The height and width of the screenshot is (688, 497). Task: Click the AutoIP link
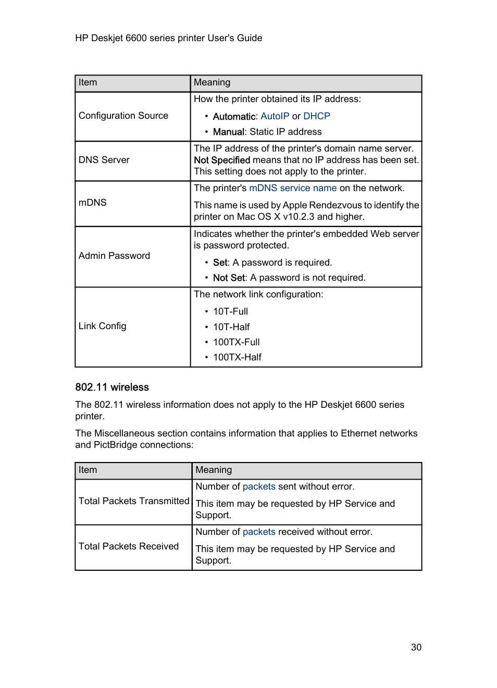click(275, 116)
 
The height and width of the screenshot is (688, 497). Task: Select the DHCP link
click(316, 116)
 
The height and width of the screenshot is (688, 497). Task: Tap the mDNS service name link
click(293, 188)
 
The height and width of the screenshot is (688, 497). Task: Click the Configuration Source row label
click(123, 116)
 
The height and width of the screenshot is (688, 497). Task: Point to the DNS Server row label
click(104, 160)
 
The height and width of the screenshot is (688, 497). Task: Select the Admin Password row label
click(114, 256)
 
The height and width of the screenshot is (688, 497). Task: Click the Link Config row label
click(103, 326)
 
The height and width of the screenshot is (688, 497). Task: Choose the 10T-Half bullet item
click(231, 327)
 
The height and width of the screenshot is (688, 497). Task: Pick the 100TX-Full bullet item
click(236, 342)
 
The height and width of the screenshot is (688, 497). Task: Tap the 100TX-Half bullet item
click(237, 357)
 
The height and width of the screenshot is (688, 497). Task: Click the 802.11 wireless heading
click(112, 387)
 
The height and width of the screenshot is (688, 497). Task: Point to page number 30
click(416, 647)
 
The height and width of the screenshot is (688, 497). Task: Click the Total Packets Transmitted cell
click(134, 501)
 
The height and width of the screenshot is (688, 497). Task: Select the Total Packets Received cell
click(129, 546)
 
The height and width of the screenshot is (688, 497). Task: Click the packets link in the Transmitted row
click(259, 486)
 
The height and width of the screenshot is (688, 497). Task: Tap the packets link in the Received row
click(259, 532)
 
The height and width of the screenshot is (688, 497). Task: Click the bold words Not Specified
click(222, 160)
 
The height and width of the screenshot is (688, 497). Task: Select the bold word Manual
click(228, 132)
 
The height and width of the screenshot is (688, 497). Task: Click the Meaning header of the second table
click(214, 470)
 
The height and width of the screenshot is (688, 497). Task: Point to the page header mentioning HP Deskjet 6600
click(168, 38)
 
